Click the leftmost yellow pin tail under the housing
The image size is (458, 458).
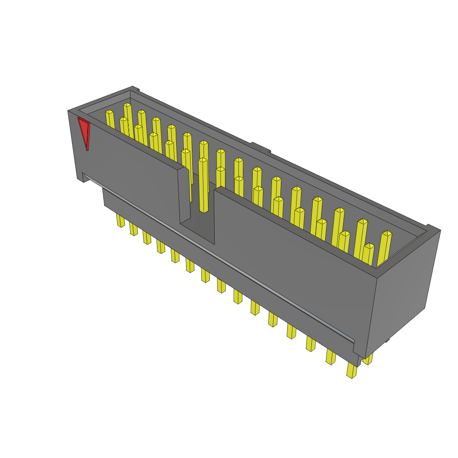(x=120, y=220)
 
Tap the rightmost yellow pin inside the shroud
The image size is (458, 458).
(x=384, y=248)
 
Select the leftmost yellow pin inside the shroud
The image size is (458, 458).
(x=110, y=119)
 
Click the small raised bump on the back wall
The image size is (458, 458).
(x=260, y=148)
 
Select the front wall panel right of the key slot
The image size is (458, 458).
(x=291, y=250)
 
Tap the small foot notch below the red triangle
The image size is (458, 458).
(x=82, y=178)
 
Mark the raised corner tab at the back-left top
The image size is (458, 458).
(x=135, y=89)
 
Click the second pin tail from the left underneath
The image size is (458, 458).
(x=134, y=229)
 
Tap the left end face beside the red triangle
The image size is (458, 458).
(x=76, y=143)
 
